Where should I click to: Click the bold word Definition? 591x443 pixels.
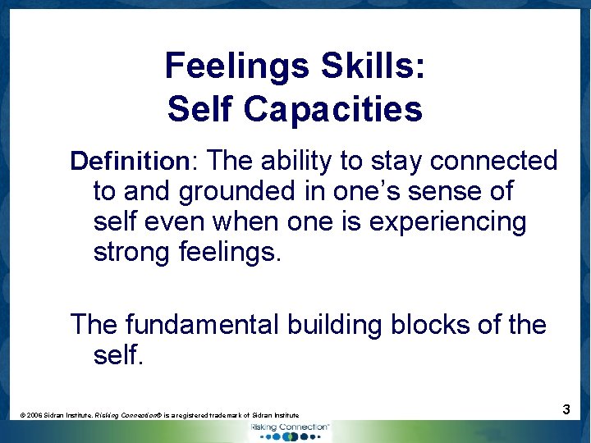coord(130,161)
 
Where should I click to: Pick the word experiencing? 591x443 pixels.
coord(448,222)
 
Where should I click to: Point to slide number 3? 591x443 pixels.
coord(566,409)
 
